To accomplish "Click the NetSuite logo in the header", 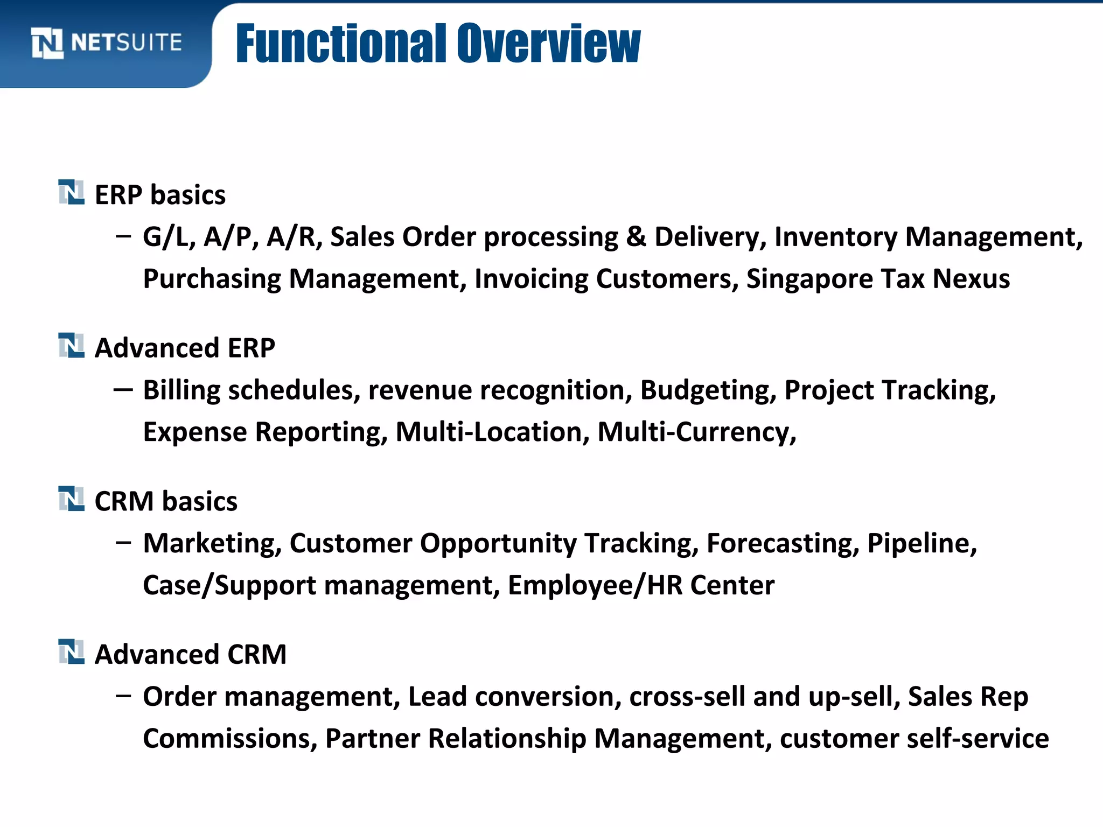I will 107,43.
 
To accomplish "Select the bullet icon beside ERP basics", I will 71,192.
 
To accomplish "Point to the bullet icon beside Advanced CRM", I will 71,651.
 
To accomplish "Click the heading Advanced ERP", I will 185,348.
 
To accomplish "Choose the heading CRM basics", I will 166,501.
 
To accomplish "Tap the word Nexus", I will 971,279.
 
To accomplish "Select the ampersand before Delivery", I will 636,237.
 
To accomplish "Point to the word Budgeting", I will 708,390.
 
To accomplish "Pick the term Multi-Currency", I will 696,432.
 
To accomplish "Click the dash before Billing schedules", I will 123,389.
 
